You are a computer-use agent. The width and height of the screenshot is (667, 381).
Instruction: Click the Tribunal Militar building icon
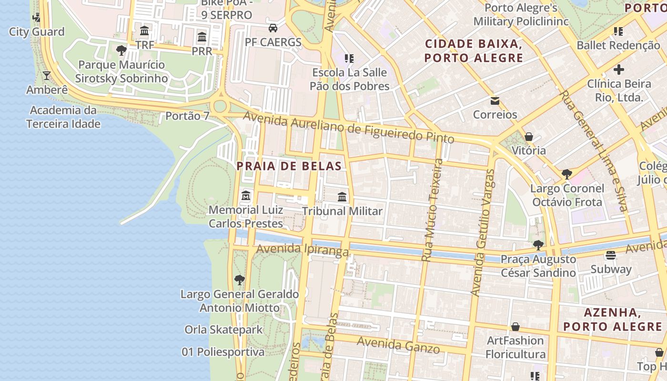pos(342,197)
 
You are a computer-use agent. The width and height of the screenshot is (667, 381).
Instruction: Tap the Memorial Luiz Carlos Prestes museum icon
pos(246,196)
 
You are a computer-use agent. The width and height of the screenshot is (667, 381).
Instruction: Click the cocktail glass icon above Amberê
pos(47,76)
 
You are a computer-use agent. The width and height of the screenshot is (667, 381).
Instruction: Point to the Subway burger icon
pos(611,255)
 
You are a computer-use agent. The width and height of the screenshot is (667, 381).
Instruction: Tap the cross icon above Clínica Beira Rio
pos(618,70)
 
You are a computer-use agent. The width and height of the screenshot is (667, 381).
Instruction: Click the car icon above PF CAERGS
pos(273,28)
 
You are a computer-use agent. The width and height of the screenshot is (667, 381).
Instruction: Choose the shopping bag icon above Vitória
pos(528,137)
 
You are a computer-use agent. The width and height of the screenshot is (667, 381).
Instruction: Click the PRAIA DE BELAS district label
pos(289,166)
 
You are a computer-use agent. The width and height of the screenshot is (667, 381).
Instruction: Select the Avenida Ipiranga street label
pos(303,249)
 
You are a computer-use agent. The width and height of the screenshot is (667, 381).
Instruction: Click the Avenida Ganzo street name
pos(398,345)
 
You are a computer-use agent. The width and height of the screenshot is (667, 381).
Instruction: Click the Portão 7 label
pos(187,116)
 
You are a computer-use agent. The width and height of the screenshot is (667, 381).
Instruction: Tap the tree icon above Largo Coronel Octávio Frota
pos(566,174)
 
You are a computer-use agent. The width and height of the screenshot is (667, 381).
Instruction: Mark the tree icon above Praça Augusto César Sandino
pos(538,245)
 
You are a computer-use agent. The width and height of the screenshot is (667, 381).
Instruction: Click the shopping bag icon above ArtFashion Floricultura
pos(515,327)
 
